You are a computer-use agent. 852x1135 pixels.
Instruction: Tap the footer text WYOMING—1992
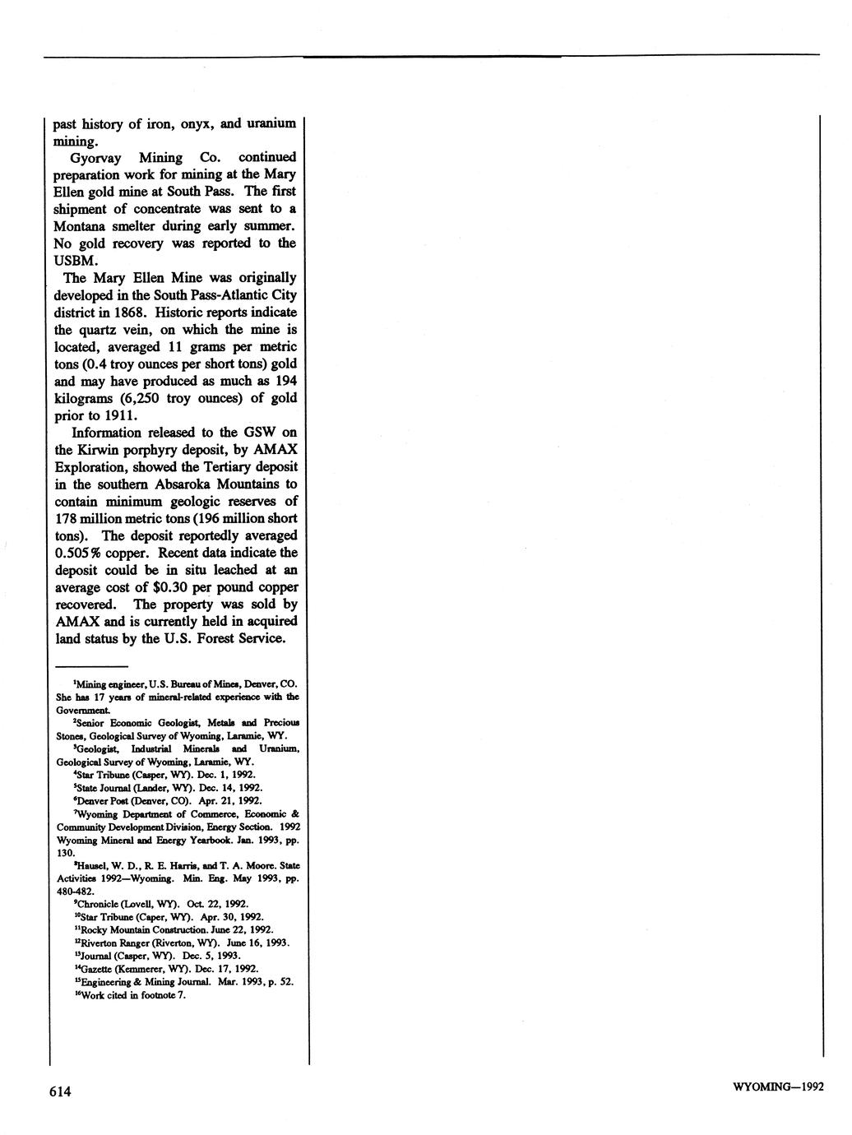776,1088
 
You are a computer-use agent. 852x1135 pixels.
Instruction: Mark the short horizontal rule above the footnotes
91,665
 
